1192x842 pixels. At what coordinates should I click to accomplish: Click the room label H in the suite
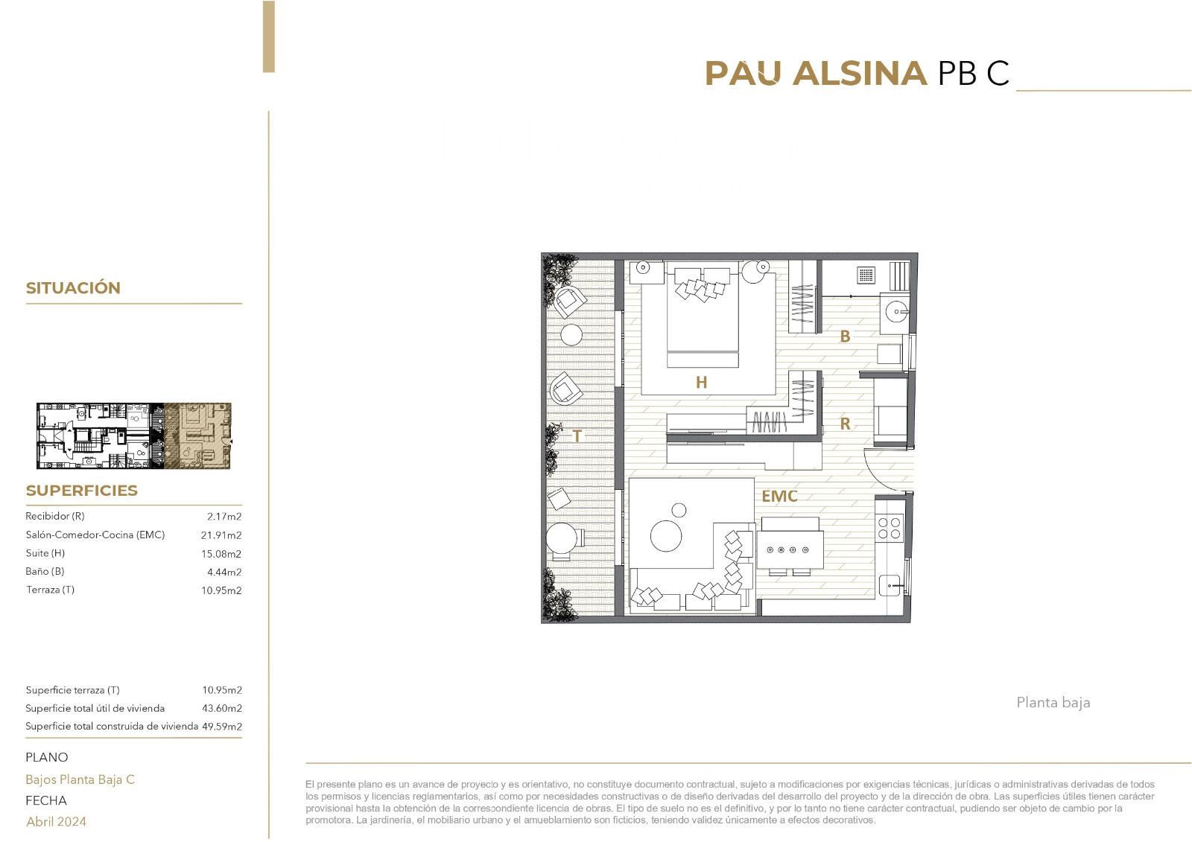pos(701,382)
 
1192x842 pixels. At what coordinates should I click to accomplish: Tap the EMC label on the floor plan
pos(779,497)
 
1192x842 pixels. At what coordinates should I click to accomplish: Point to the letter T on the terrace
pos(577,436)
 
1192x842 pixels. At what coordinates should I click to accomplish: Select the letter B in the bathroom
pos(845,337)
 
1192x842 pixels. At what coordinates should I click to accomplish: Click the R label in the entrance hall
pos(845,424)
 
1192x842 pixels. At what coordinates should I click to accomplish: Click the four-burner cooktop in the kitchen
pos(890,528)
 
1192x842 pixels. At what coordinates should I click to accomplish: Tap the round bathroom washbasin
pos(897,311)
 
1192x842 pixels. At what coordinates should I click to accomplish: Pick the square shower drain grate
pos(866,275)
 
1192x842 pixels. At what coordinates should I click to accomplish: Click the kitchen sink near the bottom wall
pos(890,586)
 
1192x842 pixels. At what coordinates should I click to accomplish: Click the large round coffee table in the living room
pos(666,535)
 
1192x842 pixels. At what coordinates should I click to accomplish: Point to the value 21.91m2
pos(221,535)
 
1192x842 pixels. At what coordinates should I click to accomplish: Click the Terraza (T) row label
pos(50,590)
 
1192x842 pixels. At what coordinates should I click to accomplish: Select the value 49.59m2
pos(222,727)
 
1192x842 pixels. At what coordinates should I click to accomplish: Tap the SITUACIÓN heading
pos(74,288)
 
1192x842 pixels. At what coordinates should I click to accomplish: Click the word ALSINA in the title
pos(860,73)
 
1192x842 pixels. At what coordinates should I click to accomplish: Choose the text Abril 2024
pos(56,822)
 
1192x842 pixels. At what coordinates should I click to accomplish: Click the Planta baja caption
pos(1053,703)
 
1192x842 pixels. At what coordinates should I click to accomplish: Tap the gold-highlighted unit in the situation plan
pos(197,436)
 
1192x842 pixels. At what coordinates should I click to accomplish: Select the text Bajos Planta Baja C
pos(80,779)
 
